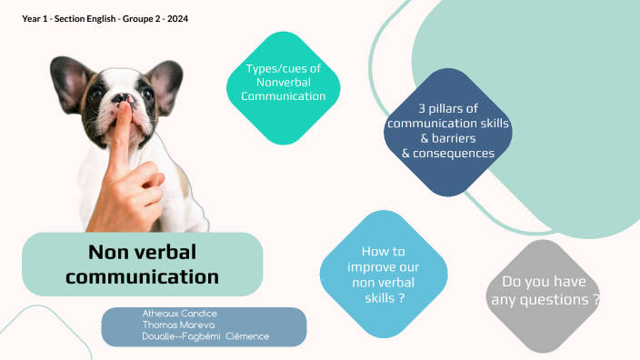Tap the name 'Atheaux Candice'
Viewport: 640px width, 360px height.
pyautogui.click(x=180, y=314)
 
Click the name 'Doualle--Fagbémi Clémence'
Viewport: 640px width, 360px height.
pyautogui.click(x=205, y=336)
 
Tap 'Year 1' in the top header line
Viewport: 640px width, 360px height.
pyautogui.click(x=35, y=18)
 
